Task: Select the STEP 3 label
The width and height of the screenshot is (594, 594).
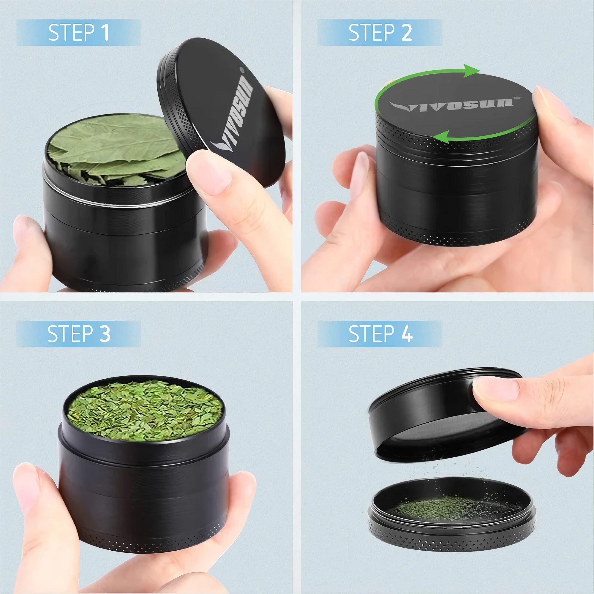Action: tap(79, 334)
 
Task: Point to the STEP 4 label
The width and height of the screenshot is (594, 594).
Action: tap(381, 334)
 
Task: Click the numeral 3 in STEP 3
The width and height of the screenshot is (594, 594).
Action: tap(105, 334)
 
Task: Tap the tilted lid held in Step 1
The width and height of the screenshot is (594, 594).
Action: tap(221, 112)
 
